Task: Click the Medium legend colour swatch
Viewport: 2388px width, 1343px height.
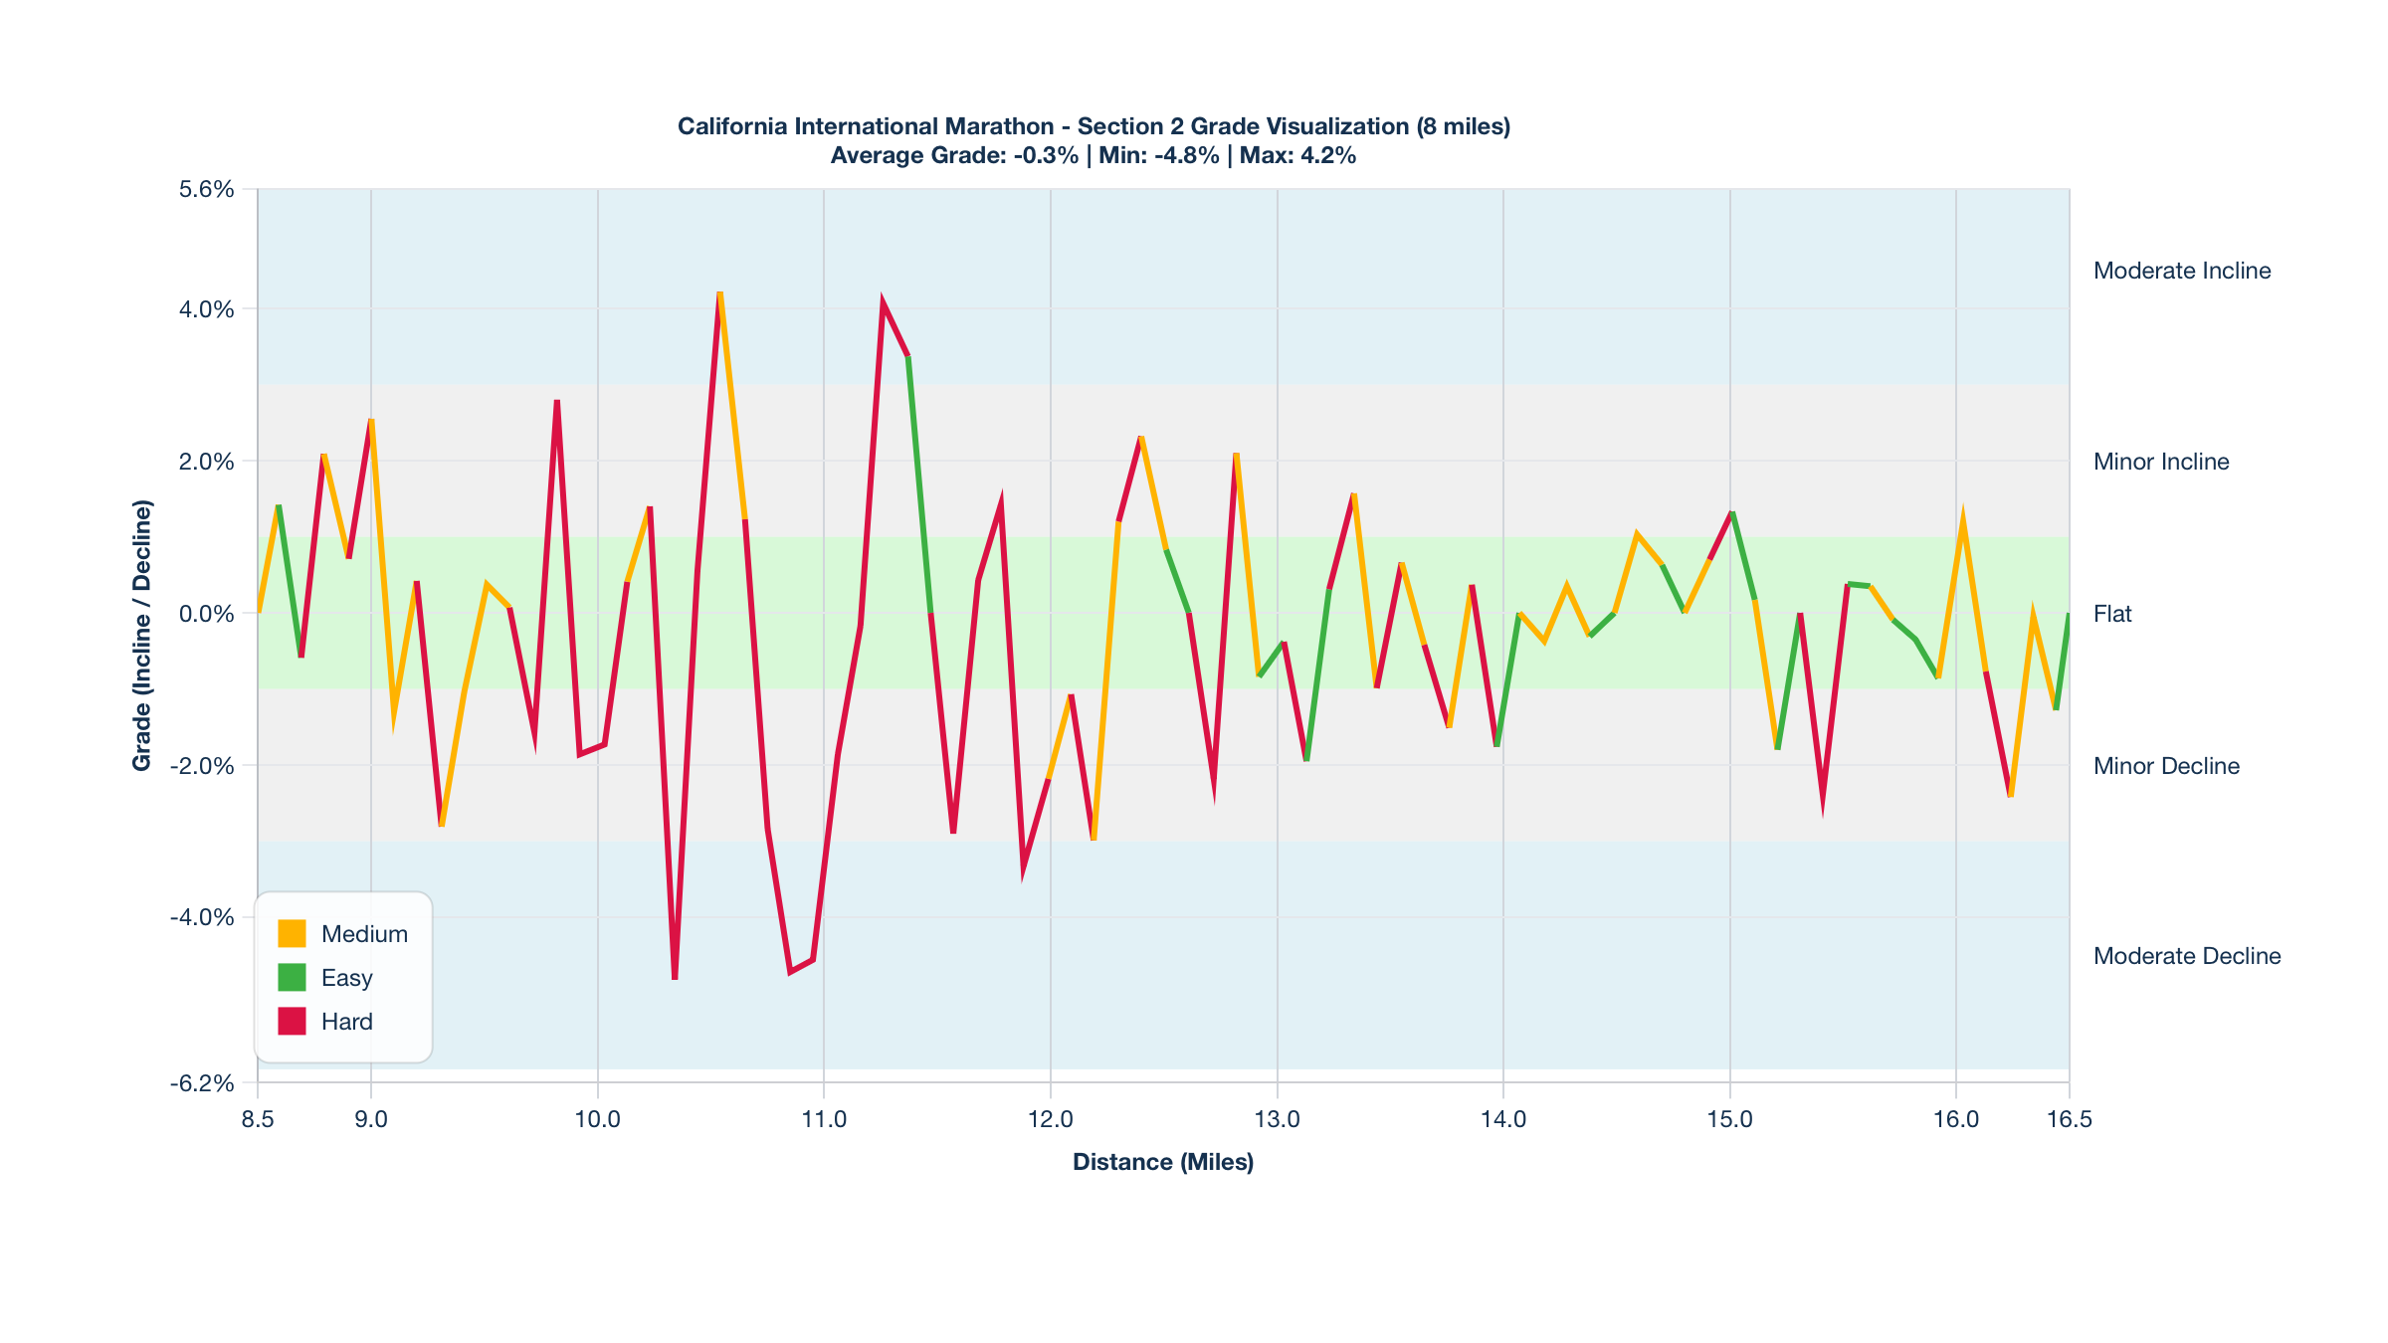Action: (x=292, y=933)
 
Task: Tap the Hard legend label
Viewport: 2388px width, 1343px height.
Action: (x=346, y=1022)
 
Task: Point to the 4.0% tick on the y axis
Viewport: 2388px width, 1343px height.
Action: (x=206, y=309)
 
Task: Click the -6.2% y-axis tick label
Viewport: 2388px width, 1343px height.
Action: (x=202, y=1082)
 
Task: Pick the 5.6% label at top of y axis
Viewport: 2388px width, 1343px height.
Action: (x=206, y=189)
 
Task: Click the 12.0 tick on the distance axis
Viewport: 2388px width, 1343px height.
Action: (x=1050, y=1119)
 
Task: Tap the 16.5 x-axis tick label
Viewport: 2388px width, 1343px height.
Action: (x=2069, y=1119)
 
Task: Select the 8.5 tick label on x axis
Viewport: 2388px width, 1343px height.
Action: (x=257, y=1119)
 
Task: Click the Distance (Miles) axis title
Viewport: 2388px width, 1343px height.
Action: (x=1162, y=1162)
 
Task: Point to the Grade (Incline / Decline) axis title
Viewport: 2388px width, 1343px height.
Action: (x=142, y=635)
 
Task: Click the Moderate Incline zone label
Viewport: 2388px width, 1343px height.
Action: (x=2181, y=271)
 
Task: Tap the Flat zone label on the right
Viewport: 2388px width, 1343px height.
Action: (x=2111, y=614)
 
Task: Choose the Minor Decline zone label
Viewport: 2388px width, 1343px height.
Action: (x=2165, y=766)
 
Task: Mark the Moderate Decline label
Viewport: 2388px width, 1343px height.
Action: (x=2186, y=956)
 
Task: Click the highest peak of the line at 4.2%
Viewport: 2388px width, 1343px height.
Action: (x=719, y=294)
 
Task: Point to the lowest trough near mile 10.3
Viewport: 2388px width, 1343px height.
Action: (x=675, y=977)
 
